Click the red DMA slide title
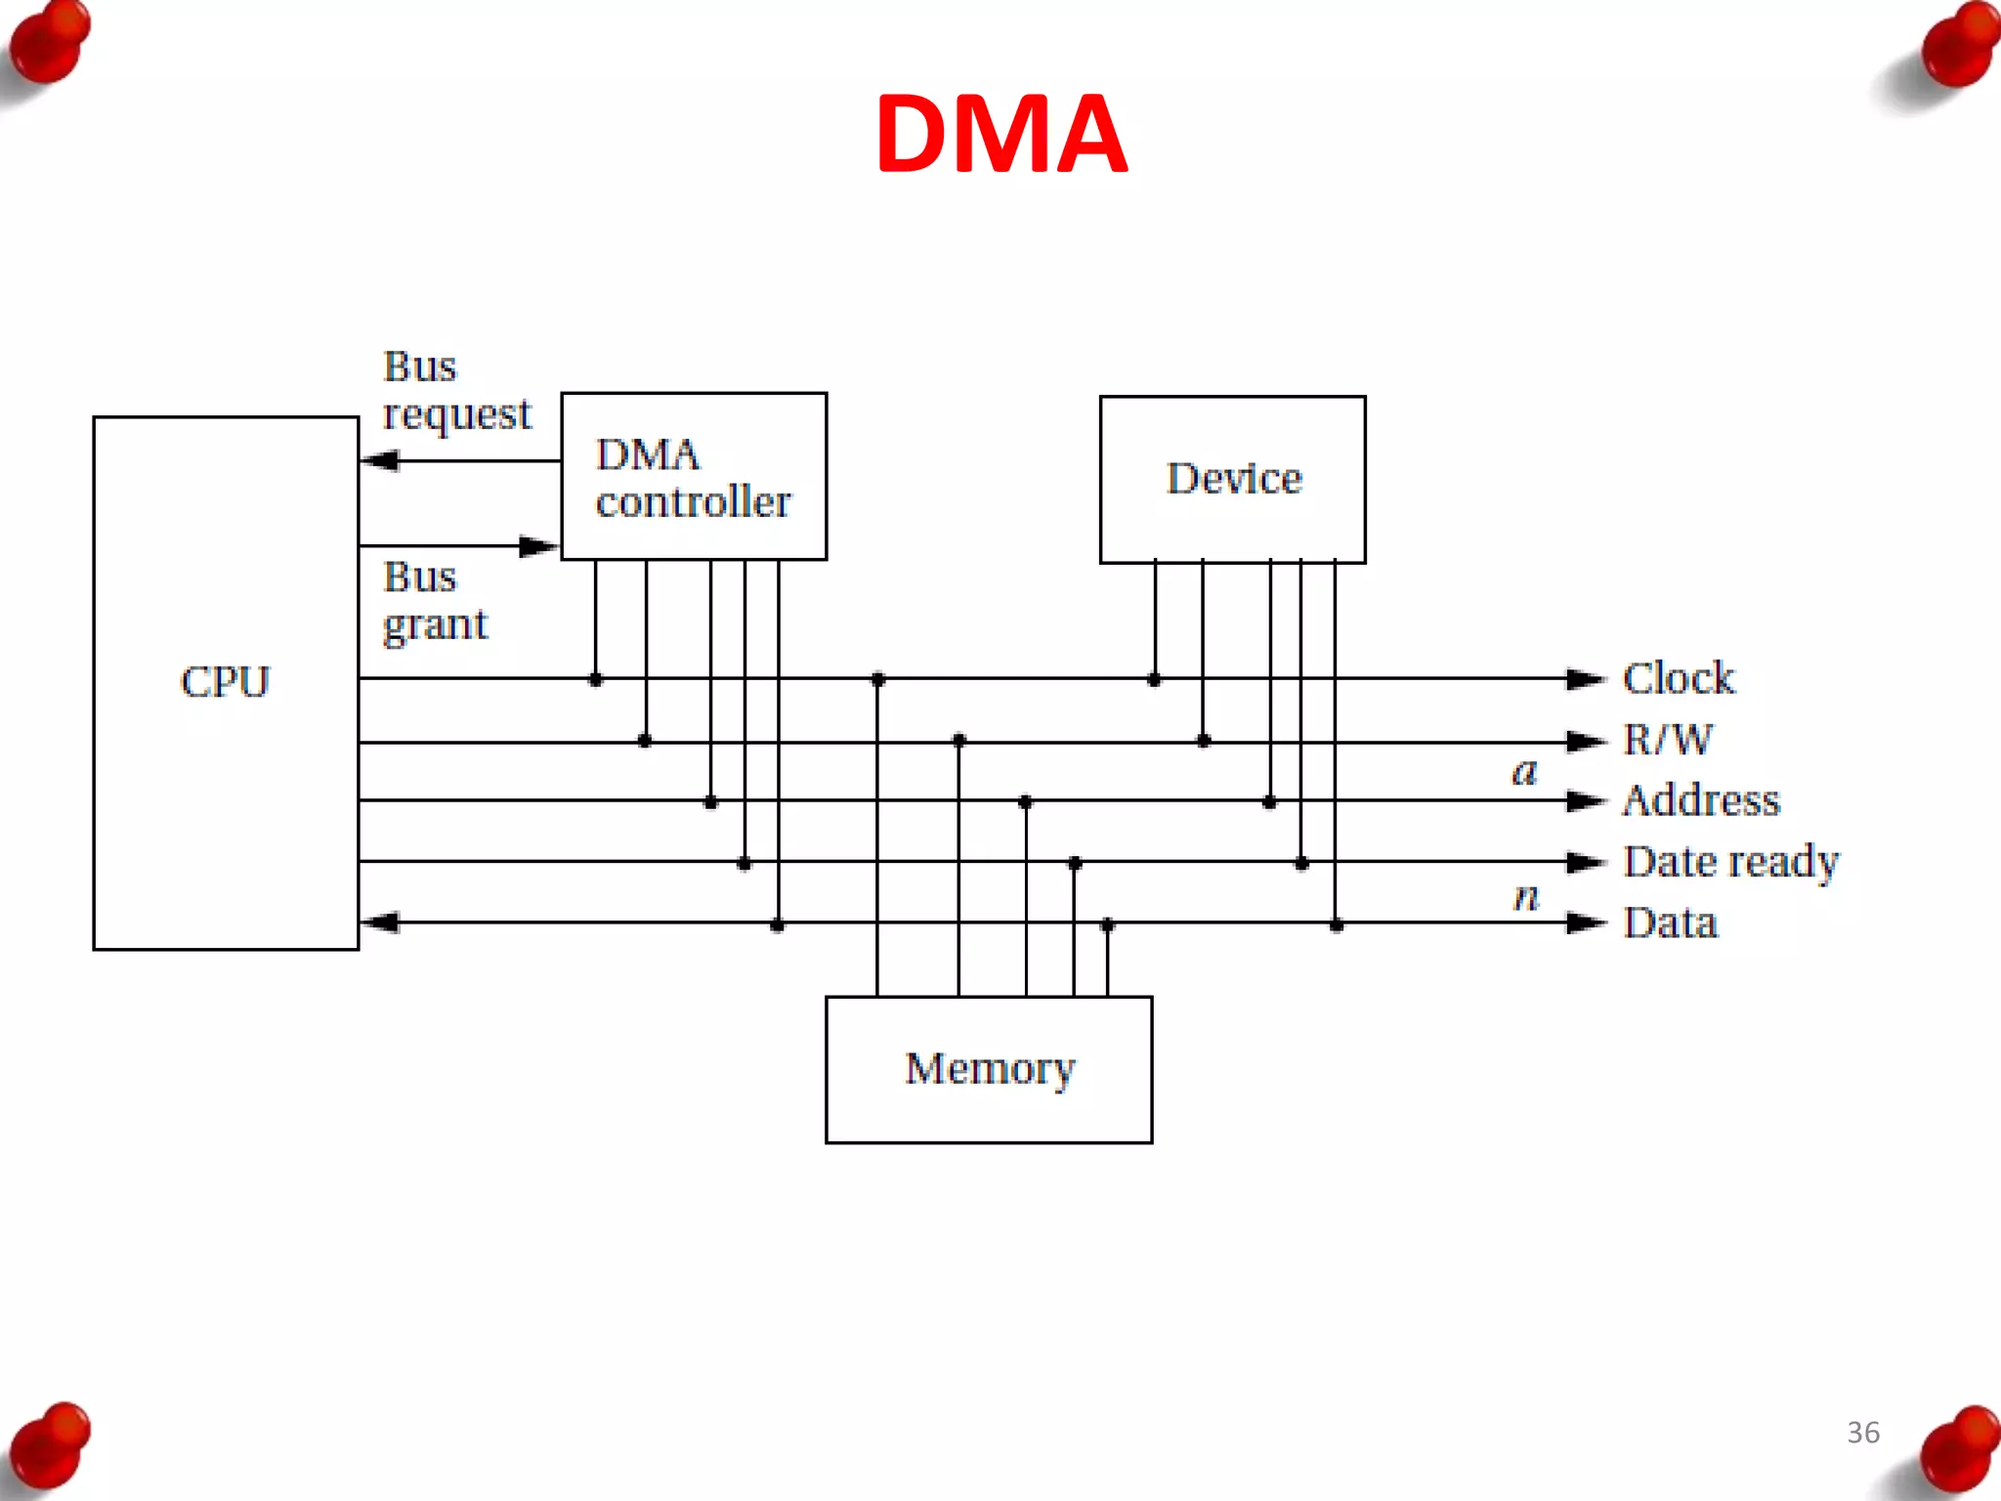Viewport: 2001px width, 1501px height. click(1001, 134)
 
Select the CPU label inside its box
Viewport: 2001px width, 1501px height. click(225, 681)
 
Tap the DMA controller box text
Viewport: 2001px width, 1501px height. click(693, 478)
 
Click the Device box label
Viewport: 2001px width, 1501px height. click(1234, 479)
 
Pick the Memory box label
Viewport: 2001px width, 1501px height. click(989, 1068)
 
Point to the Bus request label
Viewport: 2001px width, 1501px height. click(456, 390)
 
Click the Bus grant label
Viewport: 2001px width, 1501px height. click(434, 600)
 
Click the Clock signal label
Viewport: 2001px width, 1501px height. click(1678, 678)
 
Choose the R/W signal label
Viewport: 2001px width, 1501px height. click(1667, 740)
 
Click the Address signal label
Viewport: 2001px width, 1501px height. click(1700, 800)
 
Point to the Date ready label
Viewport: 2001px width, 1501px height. click(1730, 862)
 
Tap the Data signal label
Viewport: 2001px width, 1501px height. click(1670, 922)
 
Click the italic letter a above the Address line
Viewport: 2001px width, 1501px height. click(1524, 771)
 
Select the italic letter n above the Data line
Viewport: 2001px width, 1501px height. click(1526, 895)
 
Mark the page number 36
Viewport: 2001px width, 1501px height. click(1862, 1432)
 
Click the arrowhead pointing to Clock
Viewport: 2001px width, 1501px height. click(1586, 678)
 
